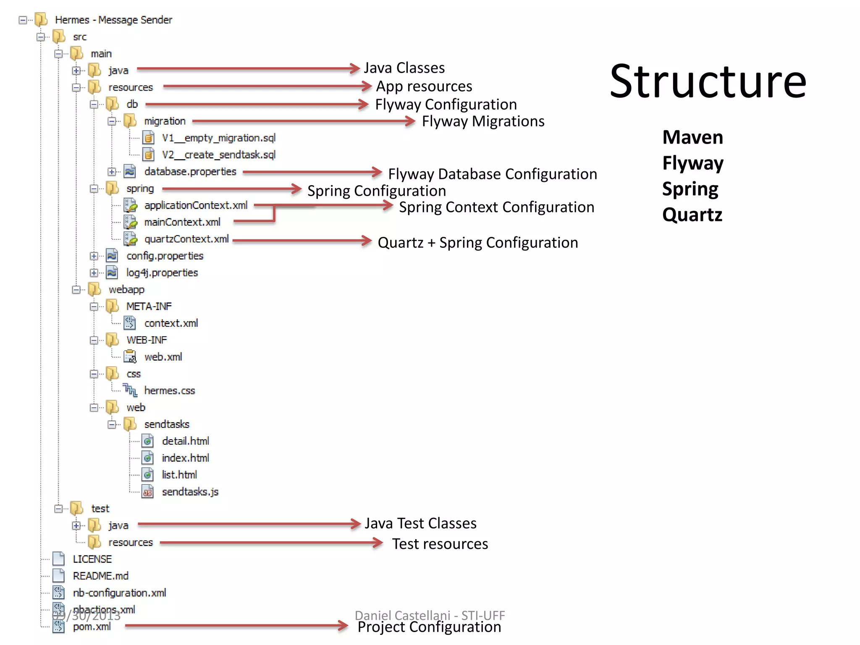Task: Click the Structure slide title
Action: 708,82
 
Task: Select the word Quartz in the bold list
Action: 692,215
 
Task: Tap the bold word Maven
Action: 692,137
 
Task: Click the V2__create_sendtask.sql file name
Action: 218,155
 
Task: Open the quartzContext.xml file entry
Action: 186,239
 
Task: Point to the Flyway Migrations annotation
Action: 483,121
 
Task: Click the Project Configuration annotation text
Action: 429,627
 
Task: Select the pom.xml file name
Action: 92,627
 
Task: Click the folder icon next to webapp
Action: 95,289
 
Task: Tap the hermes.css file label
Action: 169,391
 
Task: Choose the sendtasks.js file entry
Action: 190,492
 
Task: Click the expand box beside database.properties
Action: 112,172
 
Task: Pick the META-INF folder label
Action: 149,307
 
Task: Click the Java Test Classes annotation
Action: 420,524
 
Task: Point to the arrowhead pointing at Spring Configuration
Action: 296,189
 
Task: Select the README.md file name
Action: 100,576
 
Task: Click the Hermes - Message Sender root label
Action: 113,20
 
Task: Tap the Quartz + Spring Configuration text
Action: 477,243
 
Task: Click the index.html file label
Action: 185,458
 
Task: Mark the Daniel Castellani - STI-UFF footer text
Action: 430,615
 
